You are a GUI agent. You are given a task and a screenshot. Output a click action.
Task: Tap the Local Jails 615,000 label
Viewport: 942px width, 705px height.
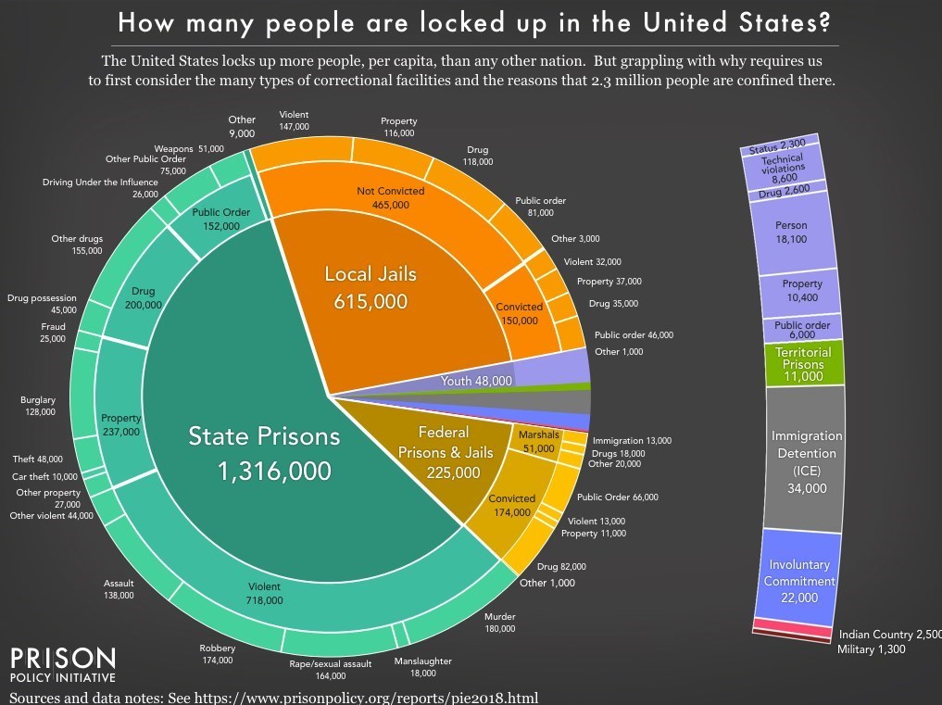click(371, 287)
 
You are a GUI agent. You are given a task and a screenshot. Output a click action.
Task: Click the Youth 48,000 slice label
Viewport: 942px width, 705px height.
click(476, 381)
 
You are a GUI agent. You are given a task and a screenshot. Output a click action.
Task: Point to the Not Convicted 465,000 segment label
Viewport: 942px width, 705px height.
click(390, 197)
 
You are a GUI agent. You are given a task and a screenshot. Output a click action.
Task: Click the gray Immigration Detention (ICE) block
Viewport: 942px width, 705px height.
click(806, 461)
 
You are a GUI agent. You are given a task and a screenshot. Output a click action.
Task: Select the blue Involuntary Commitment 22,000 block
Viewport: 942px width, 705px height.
click(800, 581)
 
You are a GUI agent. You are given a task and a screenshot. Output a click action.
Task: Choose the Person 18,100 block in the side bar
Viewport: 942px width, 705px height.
click(792, 232)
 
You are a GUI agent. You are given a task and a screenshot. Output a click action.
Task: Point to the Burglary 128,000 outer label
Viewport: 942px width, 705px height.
click(38, 406)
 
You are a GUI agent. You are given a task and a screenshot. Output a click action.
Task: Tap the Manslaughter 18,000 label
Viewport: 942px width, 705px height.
click(422, 667)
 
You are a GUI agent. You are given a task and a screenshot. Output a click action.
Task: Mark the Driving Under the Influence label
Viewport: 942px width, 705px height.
click(100, 182)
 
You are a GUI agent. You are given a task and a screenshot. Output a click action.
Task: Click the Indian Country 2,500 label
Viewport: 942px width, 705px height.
click(888, 635)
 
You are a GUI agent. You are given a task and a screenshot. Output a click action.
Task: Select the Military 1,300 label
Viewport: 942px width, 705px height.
click(871, 649)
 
